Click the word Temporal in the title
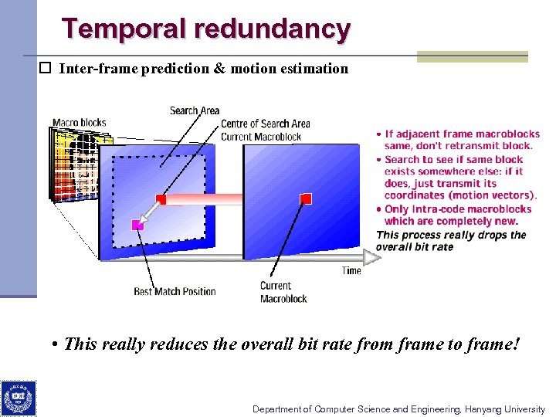pos(125,29)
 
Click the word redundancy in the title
pos(273,29)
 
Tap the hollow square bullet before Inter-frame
pos(46,68)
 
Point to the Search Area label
pos(194,110)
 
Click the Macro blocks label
pos(79,123)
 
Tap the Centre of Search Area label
pos(265,124)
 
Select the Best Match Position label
pos(175,291)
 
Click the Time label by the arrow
pos(351,270)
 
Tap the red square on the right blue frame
pos(306,199)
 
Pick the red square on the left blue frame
pos(161,199)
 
